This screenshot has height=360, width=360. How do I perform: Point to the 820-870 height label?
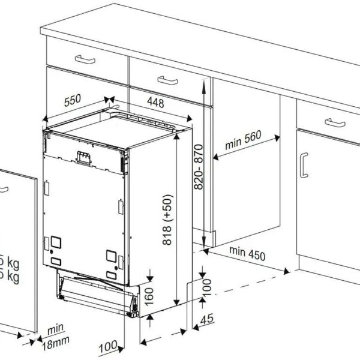[x=199, y=167]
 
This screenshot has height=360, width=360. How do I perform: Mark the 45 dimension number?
[x=208, y=319]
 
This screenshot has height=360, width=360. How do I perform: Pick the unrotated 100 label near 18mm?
[x=108, y=347]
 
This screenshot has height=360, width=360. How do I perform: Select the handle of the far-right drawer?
[x=335, y=122]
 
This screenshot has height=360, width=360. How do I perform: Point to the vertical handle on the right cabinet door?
[x=304, y=165]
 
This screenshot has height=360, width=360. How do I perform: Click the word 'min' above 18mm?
[x=56, y=329]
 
